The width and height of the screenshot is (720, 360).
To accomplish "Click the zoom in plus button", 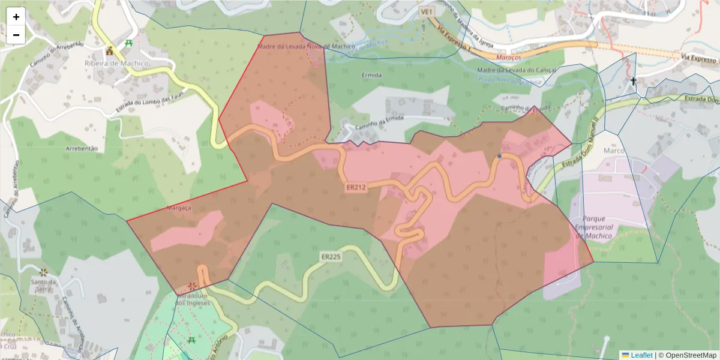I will click(16, 17).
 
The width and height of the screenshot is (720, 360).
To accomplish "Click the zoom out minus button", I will click(16, 35).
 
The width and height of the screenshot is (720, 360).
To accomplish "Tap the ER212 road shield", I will click(356, 188).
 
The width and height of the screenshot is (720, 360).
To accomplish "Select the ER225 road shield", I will click(331, 257).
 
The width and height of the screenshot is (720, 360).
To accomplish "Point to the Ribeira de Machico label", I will click(116, 63).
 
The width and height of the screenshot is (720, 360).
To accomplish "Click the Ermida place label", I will click(372, 76).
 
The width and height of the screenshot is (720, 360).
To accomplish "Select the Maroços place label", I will click(509, 57).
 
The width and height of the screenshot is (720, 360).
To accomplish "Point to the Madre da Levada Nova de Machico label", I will click(306, 46).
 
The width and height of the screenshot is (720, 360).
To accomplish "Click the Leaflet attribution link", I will click(641, 355).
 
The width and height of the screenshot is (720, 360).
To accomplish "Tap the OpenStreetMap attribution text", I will click(691, 355).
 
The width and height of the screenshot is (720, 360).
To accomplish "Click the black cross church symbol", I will click(633, 81).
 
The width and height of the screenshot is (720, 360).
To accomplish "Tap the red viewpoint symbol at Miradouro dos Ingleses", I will click(192, 286).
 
